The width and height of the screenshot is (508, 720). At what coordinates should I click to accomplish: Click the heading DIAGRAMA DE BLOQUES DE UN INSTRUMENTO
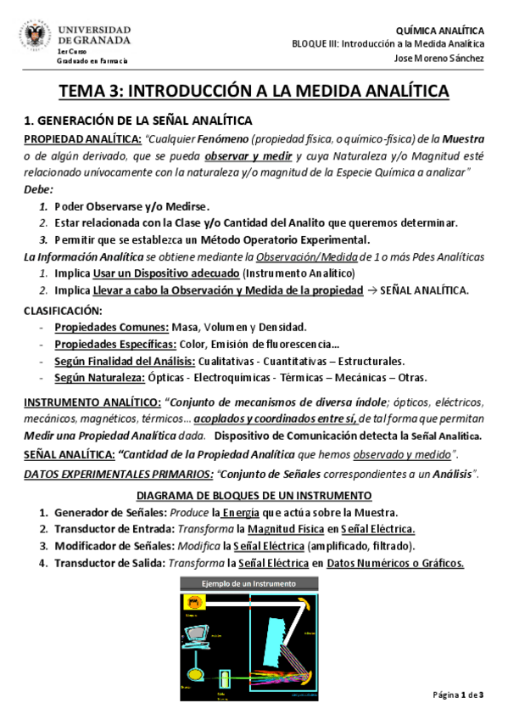click(254, 495)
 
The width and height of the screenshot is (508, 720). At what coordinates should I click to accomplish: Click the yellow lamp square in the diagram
click(194, 601)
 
